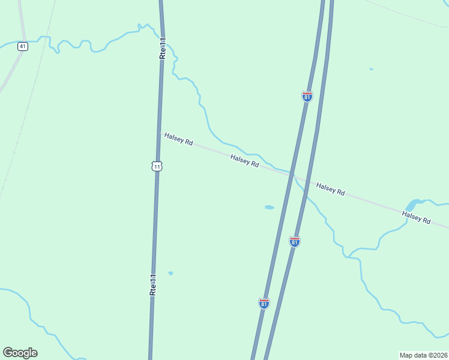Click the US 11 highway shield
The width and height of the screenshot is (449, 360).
[157, 166]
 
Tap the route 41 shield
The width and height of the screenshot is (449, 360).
[22, 46]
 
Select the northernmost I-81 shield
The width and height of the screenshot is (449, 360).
[307, 97]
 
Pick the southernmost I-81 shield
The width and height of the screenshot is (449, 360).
[264, 303]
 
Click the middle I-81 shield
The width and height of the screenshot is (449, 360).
[294, 241]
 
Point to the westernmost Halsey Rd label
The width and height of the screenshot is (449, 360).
[178, 139]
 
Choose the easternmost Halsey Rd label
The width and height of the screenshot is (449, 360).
[417, 217]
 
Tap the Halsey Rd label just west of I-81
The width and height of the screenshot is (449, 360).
[245, 160]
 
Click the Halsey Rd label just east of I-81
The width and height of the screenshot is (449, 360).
[331, 189]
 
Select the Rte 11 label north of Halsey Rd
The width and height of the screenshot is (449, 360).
[163, 47]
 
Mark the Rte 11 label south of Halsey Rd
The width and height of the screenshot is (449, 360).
[153, 284]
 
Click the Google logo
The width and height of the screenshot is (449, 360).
[20, 353]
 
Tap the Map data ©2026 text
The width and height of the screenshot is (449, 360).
[423, 355]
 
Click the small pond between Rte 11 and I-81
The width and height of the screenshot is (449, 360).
[270, 208]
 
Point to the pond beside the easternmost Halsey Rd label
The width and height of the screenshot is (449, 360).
[412, 205]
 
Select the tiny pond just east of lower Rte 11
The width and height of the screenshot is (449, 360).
[171, 273]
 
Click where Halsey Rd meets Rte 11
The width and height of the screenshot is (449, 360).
[160, 133]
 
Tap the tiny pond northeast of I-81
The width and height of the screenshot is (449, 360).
[371, 69]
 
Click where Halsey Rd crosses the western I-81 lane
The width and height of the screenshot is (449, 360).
[292, 174]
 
